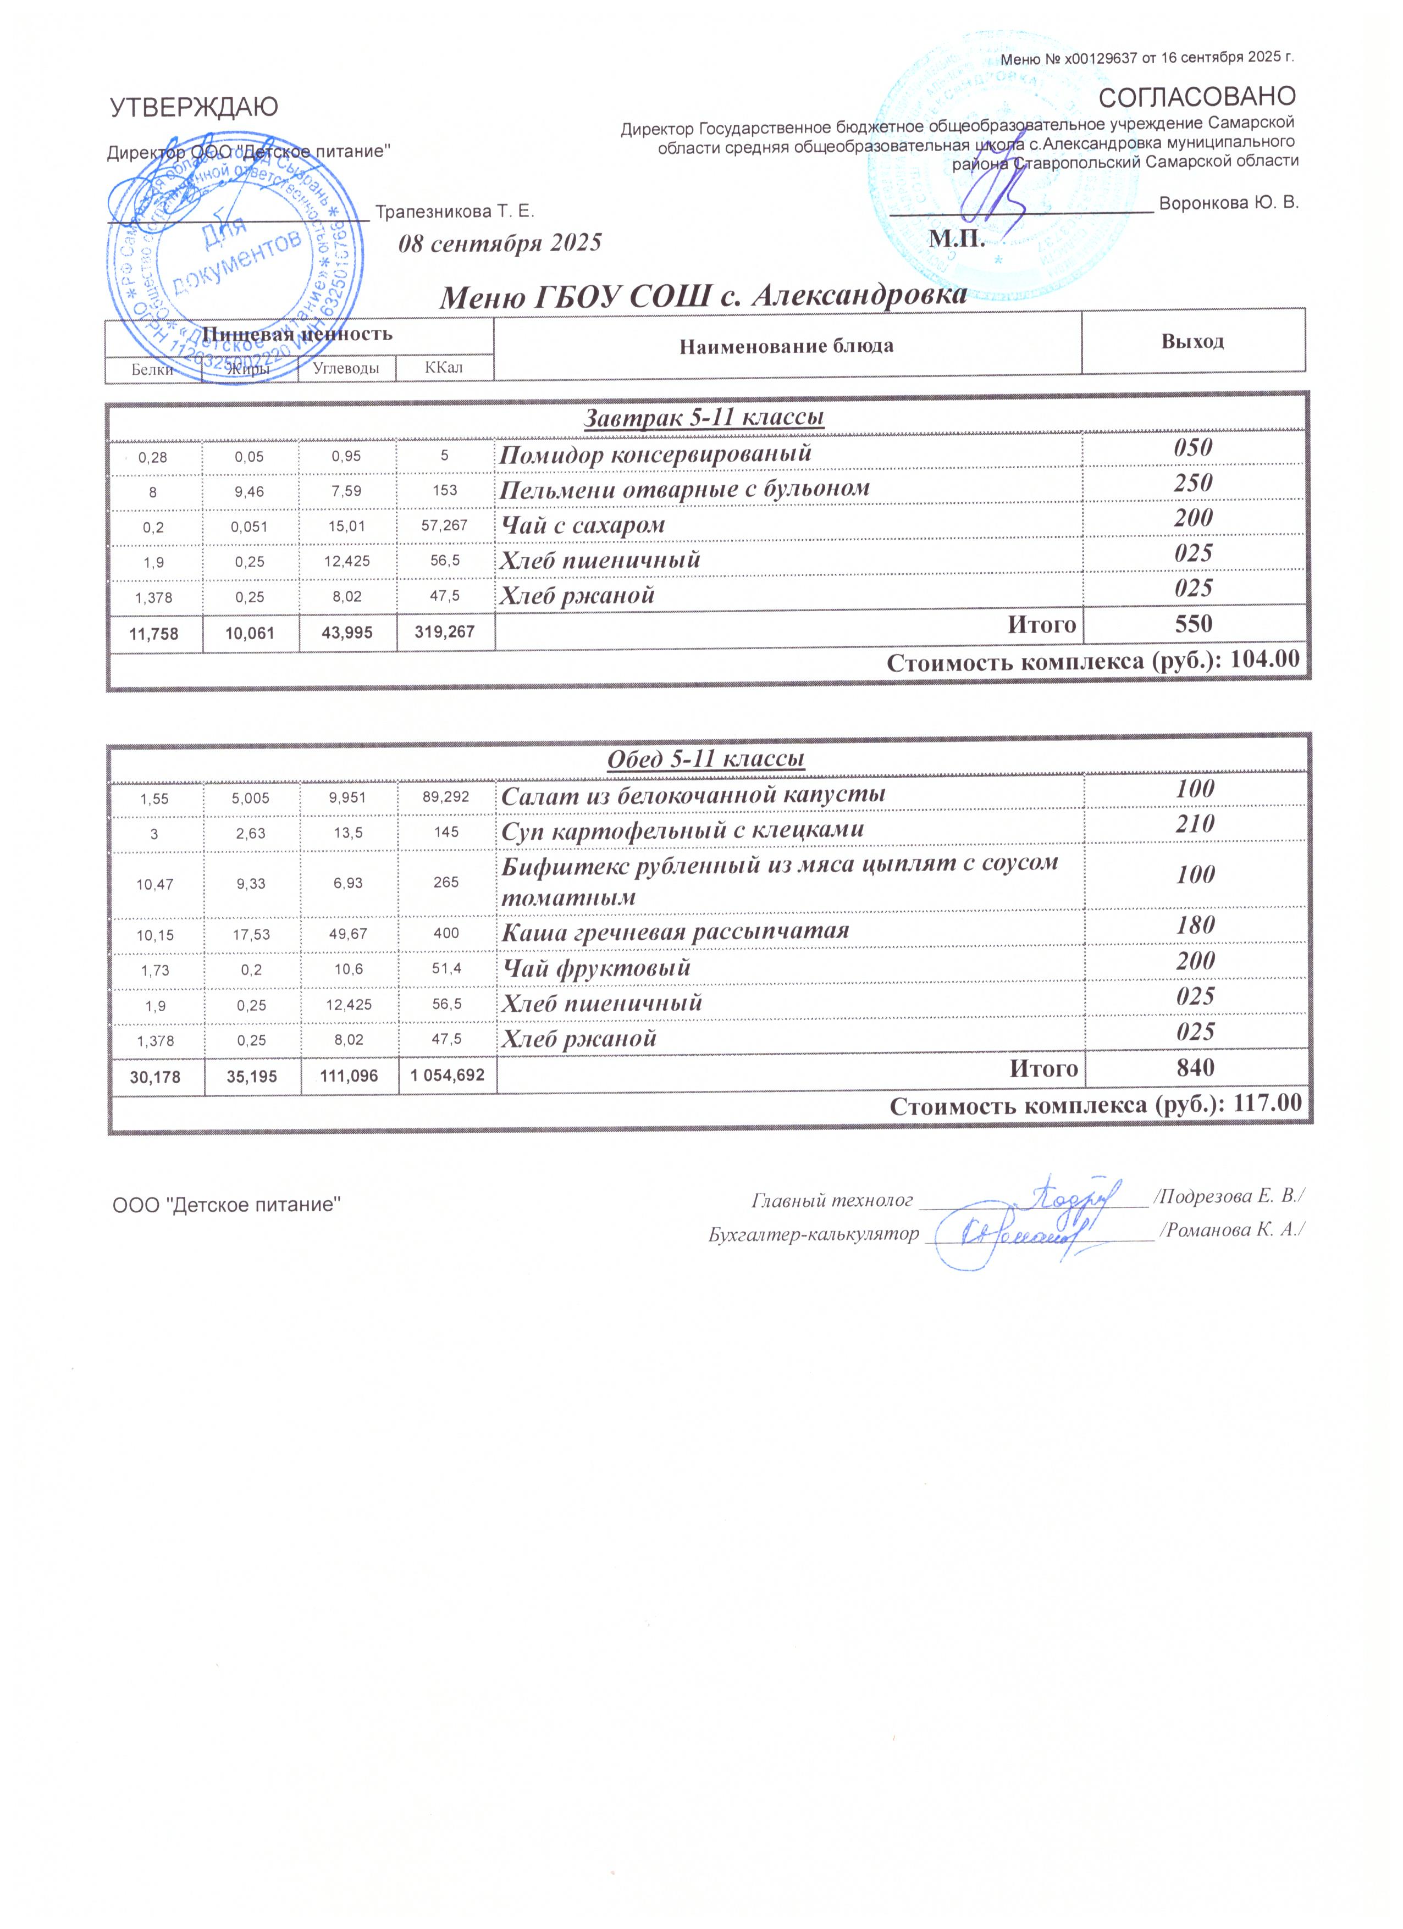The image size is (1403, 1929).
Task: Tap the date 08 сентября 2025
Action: (500, 243)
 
